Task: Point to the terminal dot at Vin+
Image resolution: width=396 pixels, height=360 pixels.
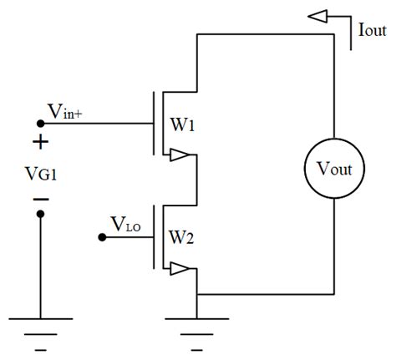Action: click(x=41, y=124)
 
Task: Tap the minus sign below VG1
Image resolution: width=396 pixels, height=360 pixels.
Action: click(x=41, y=200)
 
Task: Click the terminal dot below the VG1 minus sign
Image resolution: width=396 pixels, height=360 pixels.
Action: click(x=41, y=215)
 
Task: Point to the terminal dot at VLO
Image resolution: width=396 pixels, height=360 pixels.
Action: click(x=102, y=237)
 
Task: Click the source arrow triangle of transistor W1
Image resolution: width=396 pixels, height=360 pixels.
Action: click(x=178, y=154)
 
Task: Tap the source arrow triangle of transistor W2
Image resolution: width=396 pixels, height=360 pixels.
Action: click(x=178, y=268)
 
